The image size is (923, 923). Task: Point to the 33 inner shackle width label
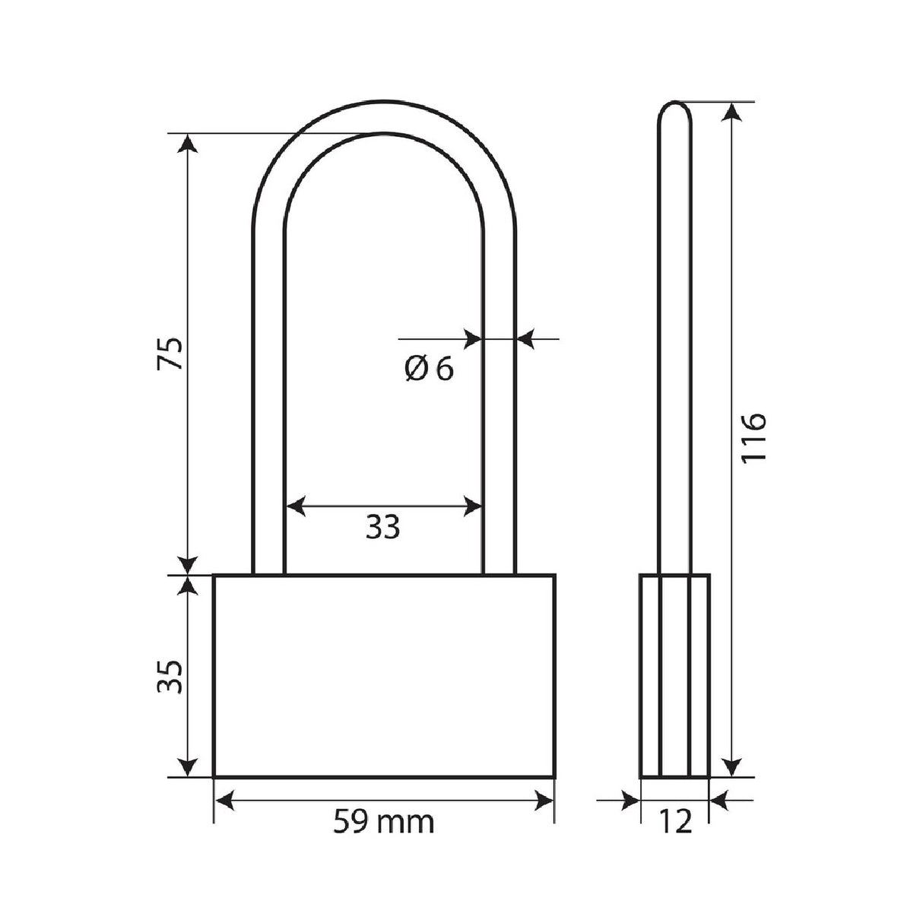(x=382, y=527)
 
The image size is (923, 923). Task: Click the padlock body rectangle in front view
(x=383, y=676)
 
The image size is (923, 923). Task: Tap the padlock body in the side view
(x=674, y=676)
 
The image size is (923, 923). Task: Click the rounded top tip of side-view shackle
(x=674, y=106)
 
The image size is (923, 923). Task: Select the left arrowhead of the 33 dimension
(x=293, y=506)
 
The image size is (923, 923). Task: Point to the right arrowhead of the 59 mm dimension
(x=544, y=798)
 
